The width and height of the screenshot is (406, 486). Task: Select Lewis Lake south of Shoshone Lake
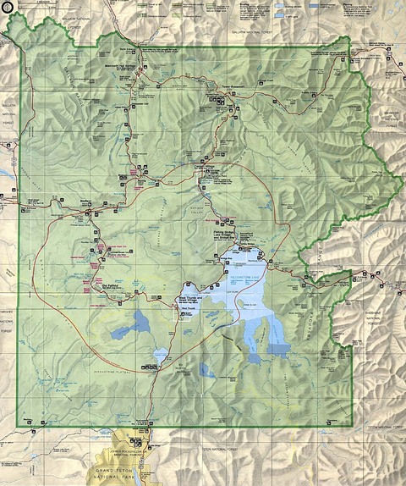pyautogui.click(x=158, y=356)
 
